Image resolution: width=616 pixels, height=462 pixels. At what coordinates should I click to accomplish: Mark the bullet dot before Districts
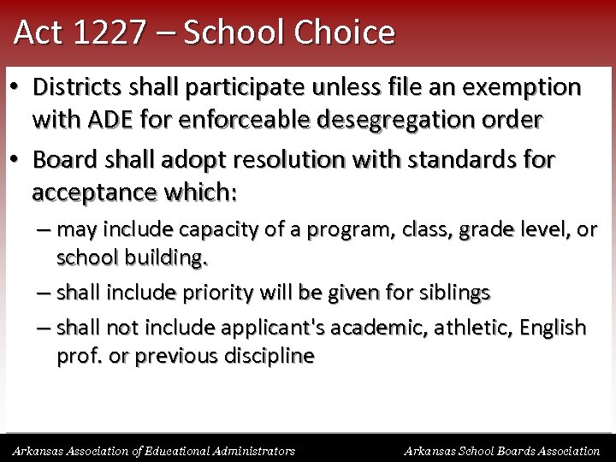pyautogui.click(x=16, y=88)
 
